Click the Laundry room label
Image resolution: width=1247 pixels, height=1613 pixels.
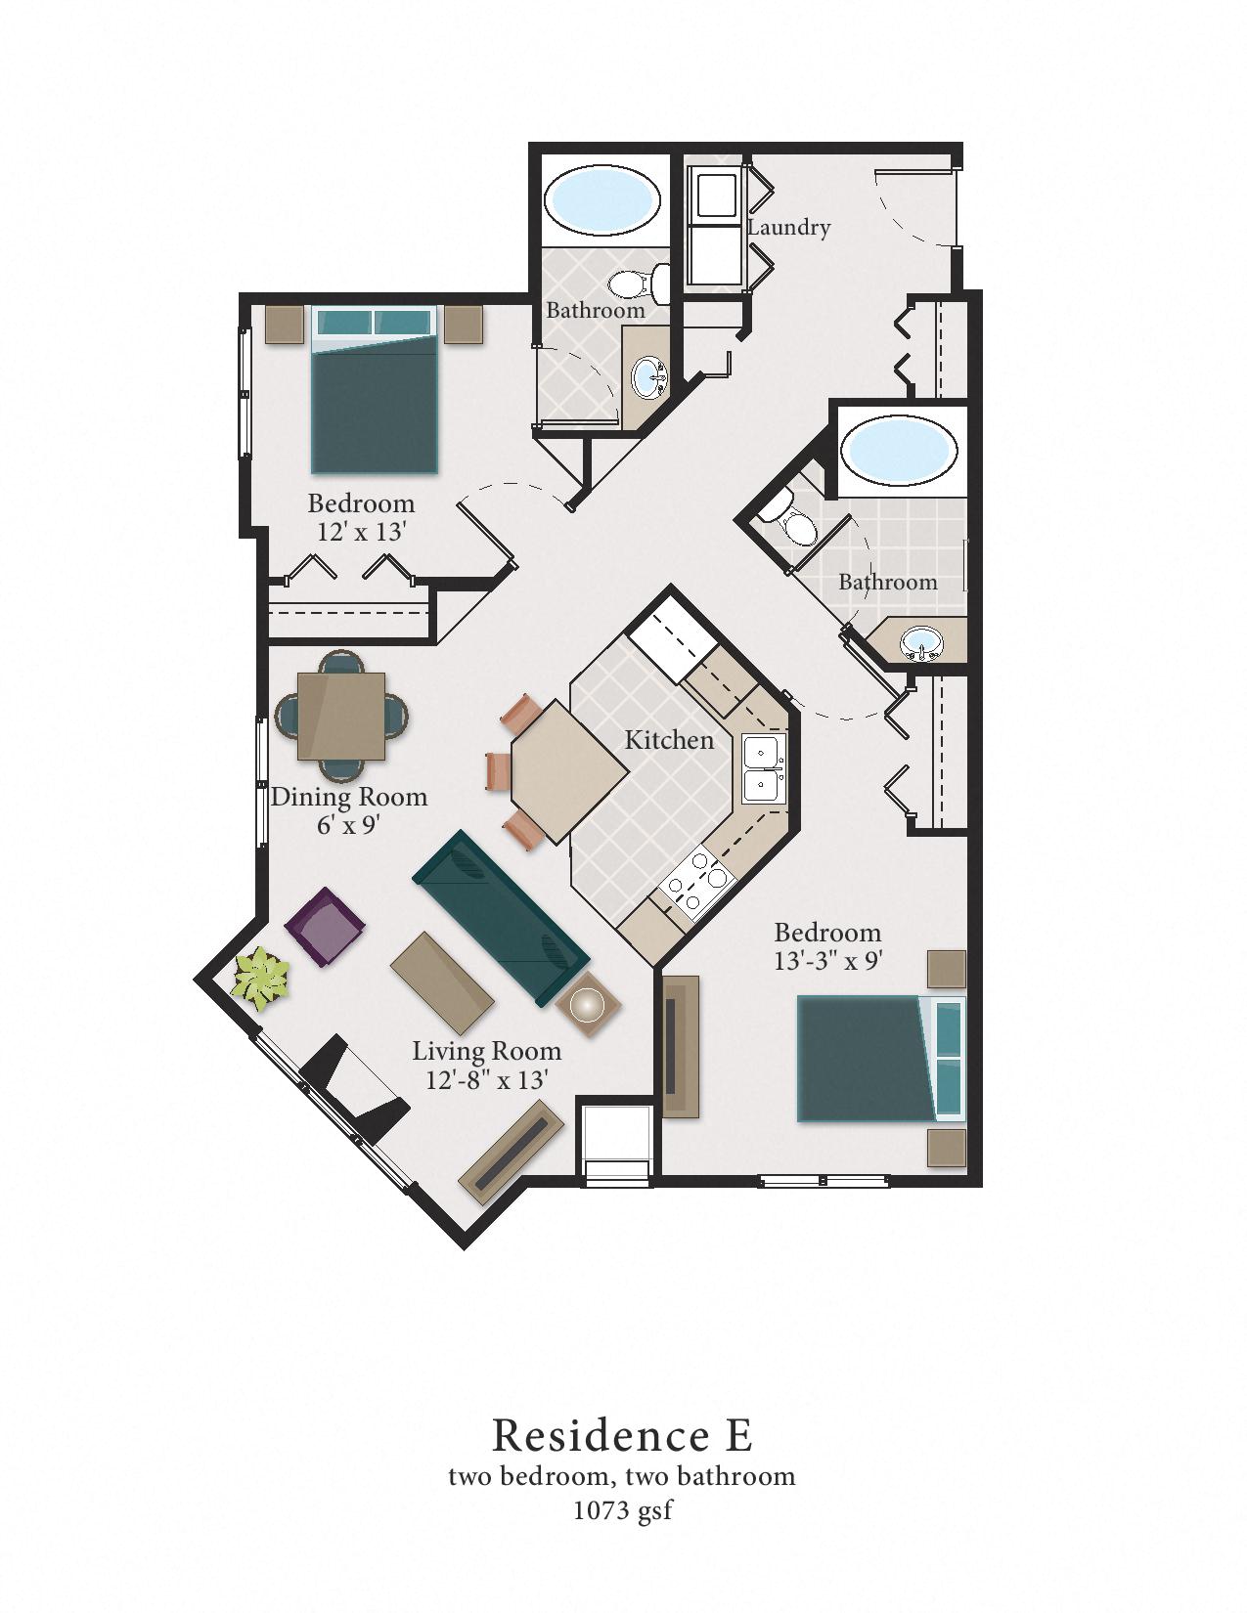[788, 228]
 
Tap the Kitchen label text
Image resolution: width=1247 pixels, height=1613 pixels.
[669, 740]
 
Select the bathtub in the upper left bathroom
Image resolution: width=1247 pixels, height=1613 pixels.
[601, 199]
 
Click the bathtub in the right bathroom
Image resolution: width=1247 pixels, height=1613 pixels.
[899, 450]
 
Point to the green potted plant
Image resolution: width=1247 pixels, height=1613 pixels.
[261, 979]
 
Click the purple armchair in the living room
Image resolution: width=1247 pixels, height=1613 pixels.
[325, 926]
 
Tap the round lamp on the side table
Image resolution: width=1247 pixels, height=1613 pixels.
[588, 1006]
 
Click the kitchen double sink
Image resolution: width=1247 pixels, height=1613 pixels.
[762, 768]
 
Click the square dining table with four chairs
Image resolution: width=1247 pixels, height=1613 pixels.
[340, 717]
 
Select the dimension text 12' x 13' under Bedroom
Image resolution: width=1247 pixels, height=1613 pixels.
[361, 533]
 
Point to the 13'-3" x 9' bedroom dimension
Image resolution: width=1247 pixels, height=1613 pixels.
[828, 961]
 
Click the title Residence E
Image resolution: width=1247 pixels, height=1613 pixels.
[622, 1435]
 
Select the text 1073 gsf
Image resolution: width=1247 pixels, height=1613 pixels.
[622, 1510]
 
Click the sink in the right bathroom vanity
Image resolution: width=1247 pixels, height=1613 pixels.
[920, 643]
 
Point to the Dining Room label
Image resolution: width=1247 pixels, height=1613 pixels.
[349, 797]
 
